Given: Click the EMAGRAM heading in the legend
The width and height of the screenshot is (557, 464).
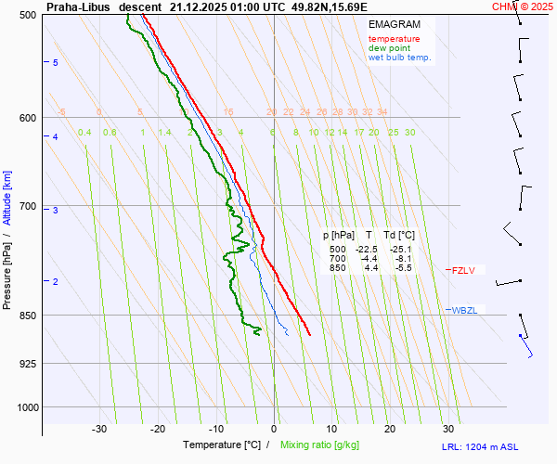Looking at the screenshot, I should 393,24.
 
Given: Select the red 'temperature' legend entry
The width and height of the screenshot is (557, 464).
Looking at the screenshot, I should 394,39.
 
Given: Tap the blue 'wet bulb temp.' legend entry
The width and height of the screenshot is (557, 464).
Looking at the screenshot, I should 399,58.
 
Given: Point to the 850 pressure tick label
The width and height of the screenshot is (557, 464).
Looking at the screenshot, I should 28,316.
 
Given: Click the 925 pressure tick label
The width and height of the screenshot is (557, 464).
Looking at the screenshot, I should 28,363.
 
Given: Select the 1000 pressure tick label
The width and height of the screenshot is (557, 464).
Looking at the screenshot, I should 25,406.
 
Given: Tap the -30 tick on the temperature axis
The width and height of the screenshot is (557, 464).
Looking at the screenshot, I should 99,429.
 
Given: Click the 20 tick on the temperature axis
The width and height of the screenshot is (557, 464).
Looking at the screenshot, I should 390,429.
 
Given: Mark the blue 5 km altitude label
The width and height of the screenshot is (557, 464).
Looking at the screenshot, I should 56,62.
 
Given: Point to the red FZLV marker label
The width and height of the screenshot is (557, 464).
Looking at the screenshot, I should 462,271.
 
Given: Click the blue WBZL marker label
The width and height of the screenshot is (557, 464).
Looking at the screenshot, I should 463,310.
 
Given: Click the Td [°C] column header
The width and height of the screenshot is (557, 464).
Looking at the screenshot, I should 401,236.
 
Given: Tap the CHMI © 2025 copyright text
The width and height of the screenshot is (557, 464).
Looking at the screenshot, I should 524,6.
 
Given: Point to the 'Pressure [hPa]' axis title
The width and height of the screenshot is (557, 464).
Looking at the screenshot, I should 7,270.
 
